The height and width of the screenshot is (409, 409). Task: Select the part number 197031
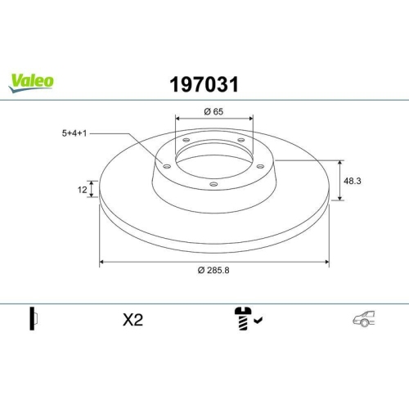click(204, 83)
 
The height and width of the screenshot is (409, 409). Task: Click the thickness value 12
click(83, 190)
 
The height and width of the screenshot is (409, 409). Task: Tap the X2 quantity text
click(132, 321)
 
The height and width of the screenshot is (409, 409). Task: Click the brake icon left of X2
click(34, 320)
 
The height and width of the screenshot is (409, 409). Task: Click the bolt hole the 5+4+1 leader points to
click(166, 167)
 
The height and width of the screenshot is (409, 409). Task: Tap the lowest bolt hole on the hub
click(213, 184)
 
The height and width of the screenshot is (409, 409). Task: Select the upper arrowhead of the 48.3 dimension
click(340, 162)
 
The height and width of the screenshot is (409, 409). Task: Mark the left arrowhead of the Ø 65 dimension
click(178, 118)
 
